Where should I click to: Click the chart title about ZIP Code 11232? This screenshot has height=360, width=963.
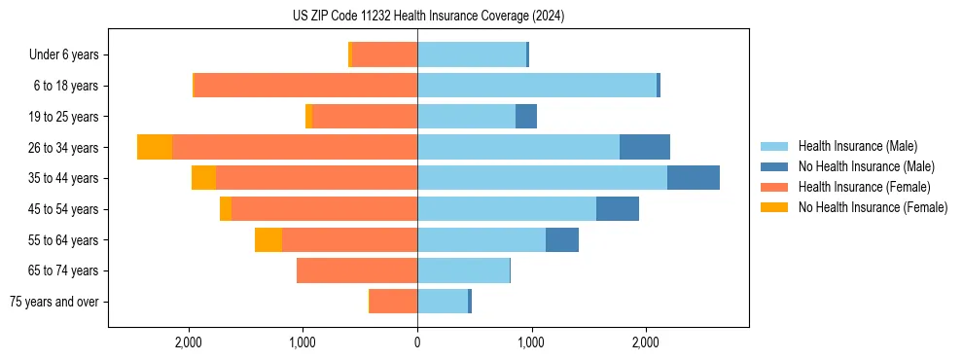(x=428, y=17)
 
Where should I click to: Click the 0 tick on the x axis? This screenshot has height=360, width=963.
(x=417, y=342)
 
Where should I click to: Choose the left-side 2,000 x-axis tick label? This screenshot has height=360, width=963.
(x=188, y=342)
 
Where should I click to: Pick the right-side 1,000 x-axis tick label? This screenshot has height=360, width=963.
(x=531, y=342)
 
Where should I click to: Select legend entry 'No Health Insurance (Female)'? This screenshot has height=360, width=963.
(x=873, y=207)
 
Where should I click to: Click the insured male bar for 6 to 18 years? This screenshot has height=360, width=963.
(x=537, y=86)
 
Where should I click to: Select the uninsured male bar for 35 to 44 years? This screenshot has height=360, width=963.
(x=694, y=178)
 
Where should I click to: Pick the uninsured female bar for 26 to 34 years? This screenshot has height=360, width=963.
(x=155, y=147)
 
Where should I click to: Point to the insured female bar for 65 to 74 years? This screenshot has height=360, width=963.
(x=357, y=270)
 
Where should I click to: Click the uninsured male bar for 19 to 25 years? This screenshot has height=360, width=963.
(x=526, y=117)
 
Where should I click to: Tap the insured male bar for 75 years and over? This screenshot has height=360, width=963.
(x=443, y=302)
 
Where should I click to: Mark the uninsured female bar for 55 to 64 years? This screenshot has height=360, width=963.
(x=268, y=239)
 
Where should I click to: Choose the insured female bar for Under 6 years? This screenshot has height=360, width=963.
(x=385, y=55)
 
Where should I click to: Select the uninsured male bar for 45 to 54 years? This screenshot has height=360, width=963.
(x=618, y=209)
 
